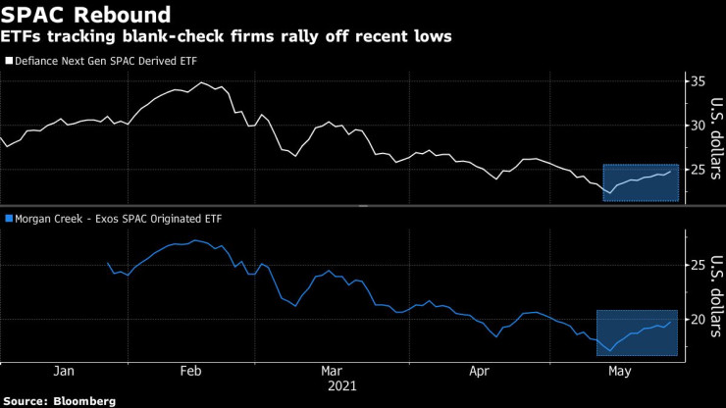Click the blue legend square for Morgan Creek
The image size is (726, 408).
click(8, 218)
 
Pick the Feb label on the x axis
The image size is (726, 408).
click(192, 372)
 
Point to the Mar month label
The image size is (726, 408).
click(332, 372)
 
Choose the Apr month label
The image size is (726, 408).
click(479, 372)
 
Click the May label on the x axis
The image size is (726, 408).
click(619, 372)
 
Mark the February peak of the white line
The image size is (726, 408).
click(202, 82)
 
